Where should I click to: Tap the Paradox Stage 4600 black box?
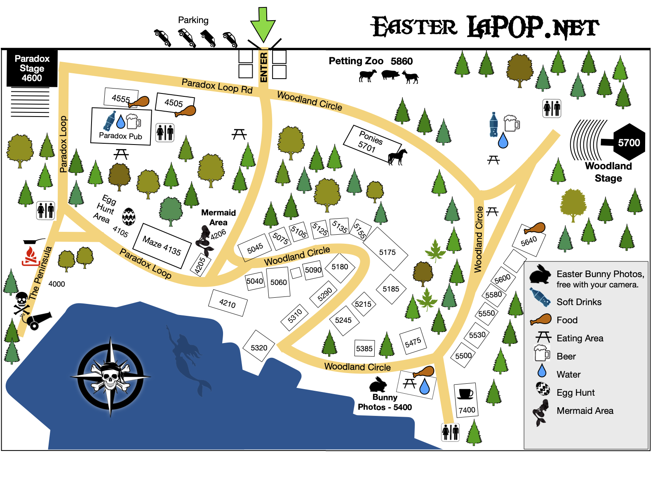click(32, 68)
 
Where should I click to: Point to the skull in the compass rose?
click(110, 376)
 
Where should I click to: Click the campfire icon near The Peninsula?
click(30, 256)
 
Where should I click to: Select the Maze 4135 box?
click(162, 246)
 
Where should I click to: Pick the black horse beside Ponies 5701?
click(397, 157)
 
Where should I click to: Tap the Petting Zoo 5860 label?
click(371, 61)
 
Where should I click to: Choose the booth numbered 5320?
click(259, 346)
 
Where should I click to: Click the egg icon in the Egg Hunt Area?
click(129, 217)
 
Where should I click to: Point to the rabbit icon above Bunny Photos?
click(378, 384)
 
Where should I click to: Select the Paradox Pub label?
click(120, 136)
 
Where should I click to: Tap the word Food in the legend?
click(567, 320)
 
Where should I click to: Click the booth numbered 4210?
click(228, 303)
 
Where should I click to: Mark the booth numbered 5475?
click(413, 342)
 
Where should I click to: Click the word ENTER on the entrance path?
click(263, 67)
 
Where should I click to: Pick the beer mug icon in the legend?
click(542, 353)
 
